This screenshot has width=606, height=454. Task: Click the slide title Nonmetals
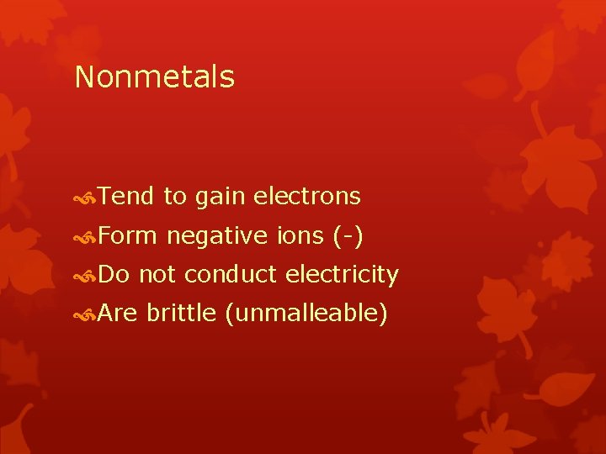[154, 77]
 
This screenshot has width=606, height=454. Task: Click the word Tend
[125, 197]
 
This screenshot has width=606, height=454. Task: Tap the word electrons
[307, 197]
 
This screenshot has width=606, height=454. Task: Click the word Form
[127, 236]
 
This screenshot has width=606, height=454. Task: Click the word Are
[119, 314]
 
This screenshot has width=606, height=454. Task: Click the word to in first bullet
[174, 198]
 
